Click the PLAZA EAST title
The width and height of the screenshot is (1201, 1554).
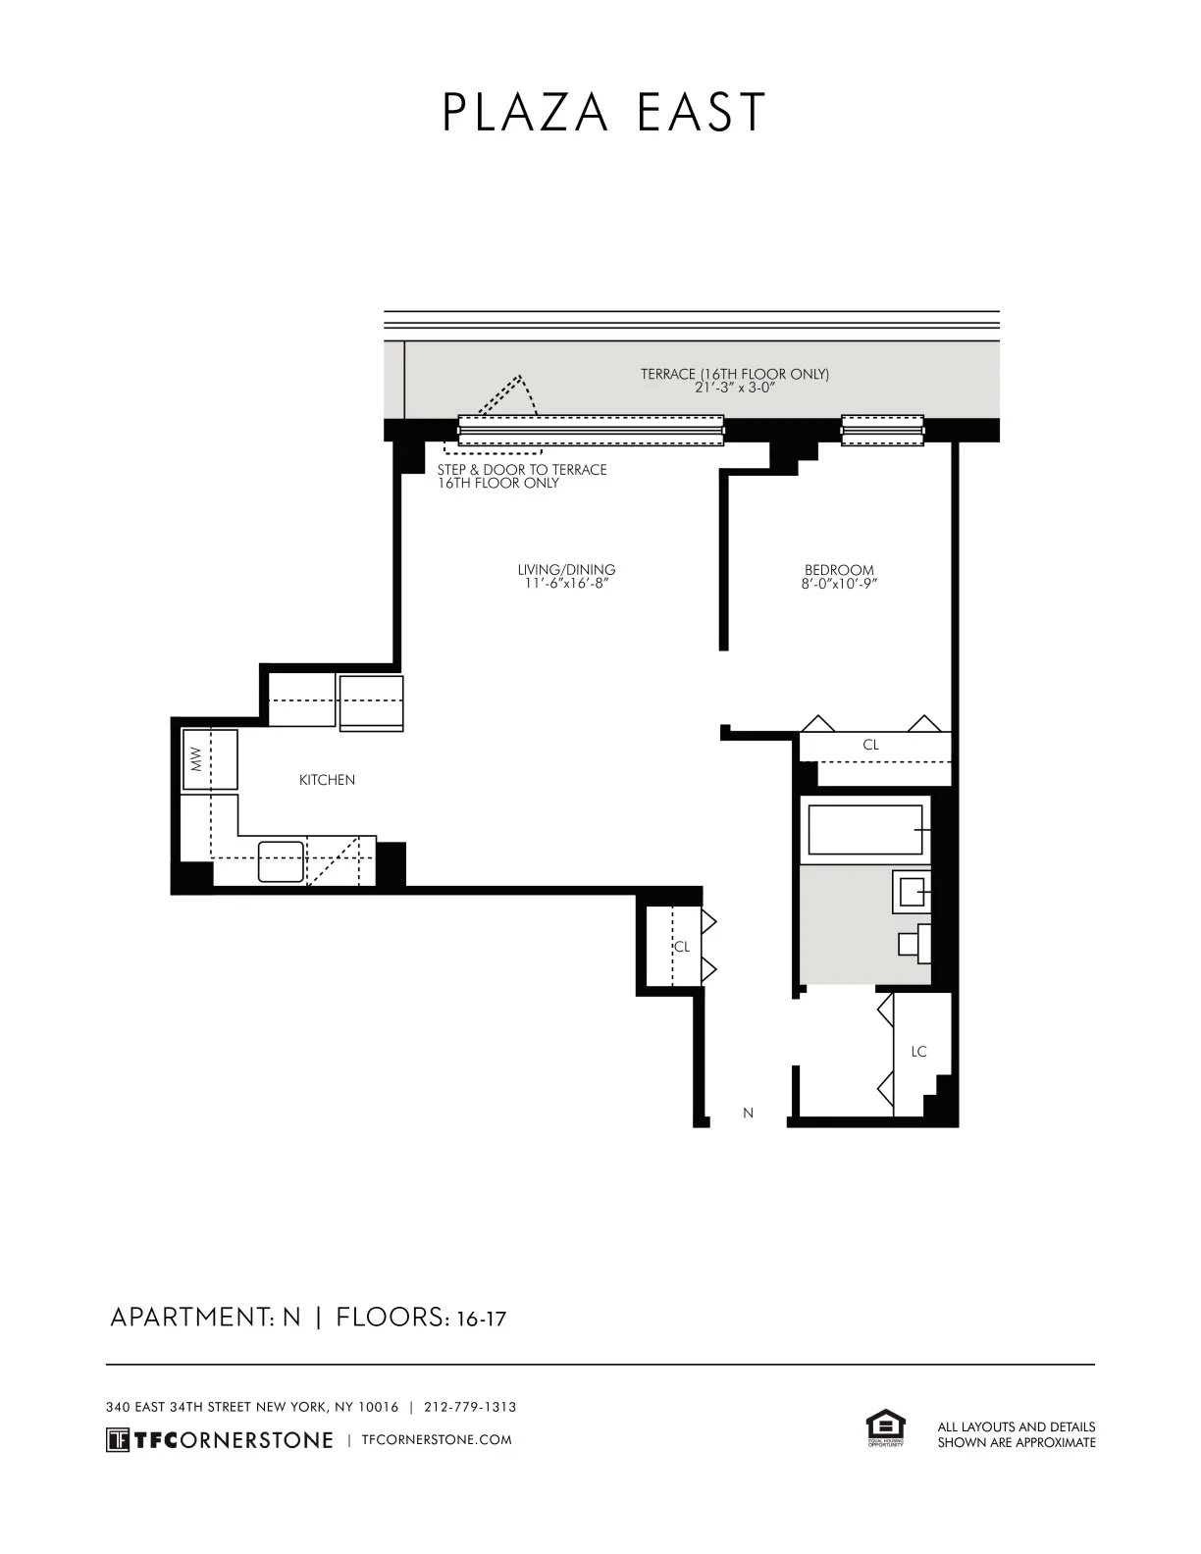pos(602,114)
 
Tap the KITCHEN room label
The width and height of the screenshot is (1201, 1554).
pos(327,780)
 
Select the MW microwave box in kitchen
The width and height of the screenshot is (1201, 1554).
pos(209,758)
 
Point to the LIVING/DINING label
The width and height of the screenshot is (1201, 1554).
pos(566,569)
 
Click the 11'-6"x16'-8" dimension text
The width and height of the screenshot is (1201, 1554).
pos(566,584)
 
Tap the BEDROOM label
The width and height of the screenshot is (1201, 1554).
pos(839,569)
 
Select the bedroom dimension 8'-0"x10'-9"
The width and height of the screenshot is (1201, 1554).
pos(839,584)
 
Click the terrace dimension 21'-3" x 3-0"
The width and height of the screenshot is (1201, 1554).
pos(734,388)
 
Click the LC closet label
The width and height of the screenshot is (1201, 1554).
pos(918,1052)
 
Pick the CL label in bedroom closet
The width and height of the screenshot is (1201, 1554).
pos(870,745)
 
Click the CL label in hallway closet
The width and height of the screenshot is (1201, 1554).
pos(681,947)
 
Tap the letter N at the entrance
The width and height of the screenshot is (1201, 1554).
pos(749,1113)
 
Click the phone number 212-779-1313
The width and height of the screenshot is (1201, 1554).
pos(470,1407)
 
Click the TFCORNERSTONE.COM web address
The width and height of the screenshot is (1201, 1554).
pos(437,1440)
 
